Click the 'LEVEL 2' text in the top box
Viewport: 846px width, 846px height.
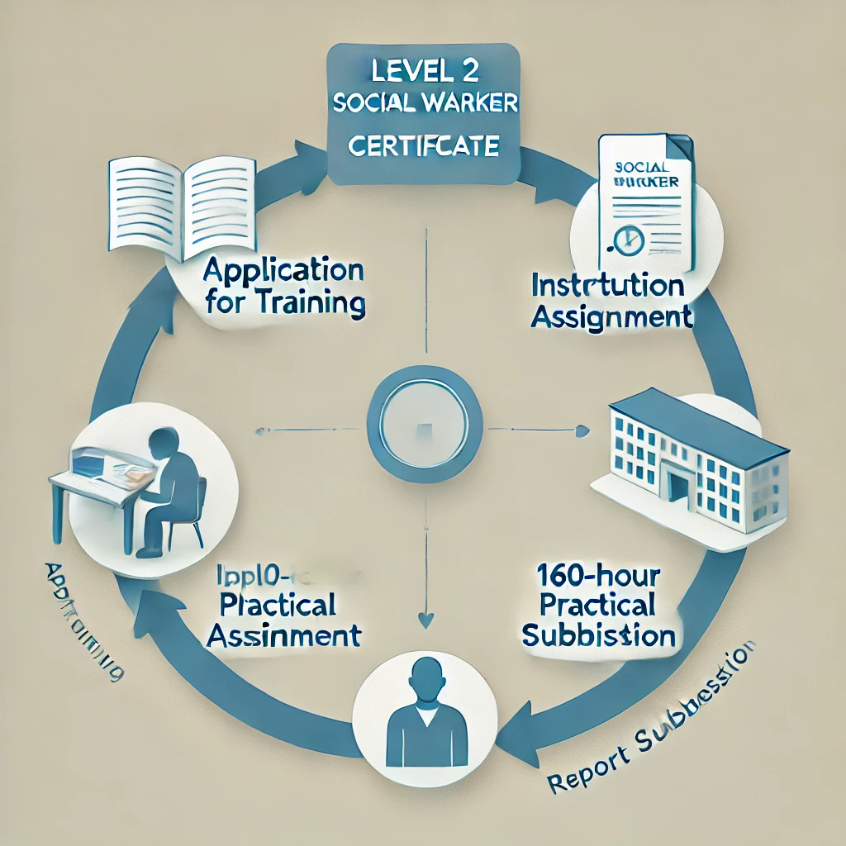pyautogui.click(x=422, y=70)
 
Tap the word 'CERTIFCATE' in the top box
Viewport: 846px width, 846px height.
pyautogui.click(x=423, y=147)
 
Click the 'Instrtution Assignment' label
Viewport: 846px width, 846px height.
pyautogui.click(x=611, y=302)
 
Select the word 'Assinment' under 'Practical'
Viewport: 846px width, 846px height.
pyautogui.click(x=284, y=635)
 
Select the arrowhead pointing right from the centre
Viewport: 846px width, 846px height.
pyautogui.click(x=582, y=430)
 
